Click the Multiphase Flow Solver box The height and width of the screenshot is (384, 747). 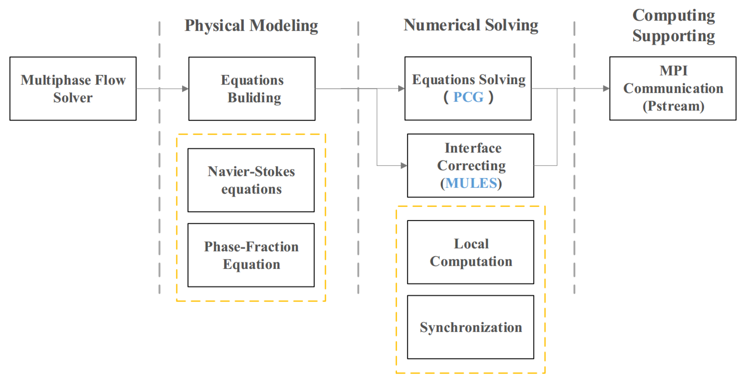coord(73,88)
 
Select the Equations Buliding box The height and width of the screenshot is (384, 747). coord(252,88)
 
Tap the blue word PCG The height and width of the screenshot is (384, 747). coord(468,97)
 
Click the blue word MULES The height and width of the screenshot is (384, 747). coord(471,183)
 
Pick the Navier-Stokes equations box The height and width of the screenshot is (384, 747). coord(251,180)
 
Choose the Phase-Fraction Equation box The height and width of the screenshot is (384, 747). coord(251,255)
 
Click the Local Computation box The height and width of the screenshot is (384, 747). coord(470,252)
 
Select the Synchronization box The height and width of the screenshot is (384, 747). coord(470,327)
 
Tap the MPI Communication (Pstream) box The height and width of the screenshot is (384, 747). coord(673,88)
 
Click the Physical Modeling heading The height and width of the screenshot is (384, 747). coord(251,25)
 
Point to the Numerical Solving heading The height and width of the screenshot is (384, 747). coord(471,25)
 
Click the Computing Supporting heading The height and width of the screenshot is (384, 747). coord(673,26)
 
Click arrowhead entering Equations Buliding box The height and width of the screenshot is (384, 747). coord(185,88)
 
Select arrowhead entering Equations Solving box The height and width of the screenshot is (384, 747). coord(401,88)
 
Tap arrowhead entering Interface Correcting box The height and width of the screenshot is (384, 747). coord(404,165)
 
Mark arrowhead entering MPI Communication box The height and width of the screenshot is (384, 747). coord(606,88)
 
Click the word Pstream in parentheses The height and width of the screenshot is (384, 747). coord(673,106)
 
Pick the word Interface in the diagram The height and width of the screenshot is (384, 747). coord(473,148)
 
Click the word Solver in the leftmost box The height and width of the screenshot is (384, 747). coord(73,98)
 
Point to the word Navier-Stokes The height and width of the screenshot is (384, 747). coord(251,172)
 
